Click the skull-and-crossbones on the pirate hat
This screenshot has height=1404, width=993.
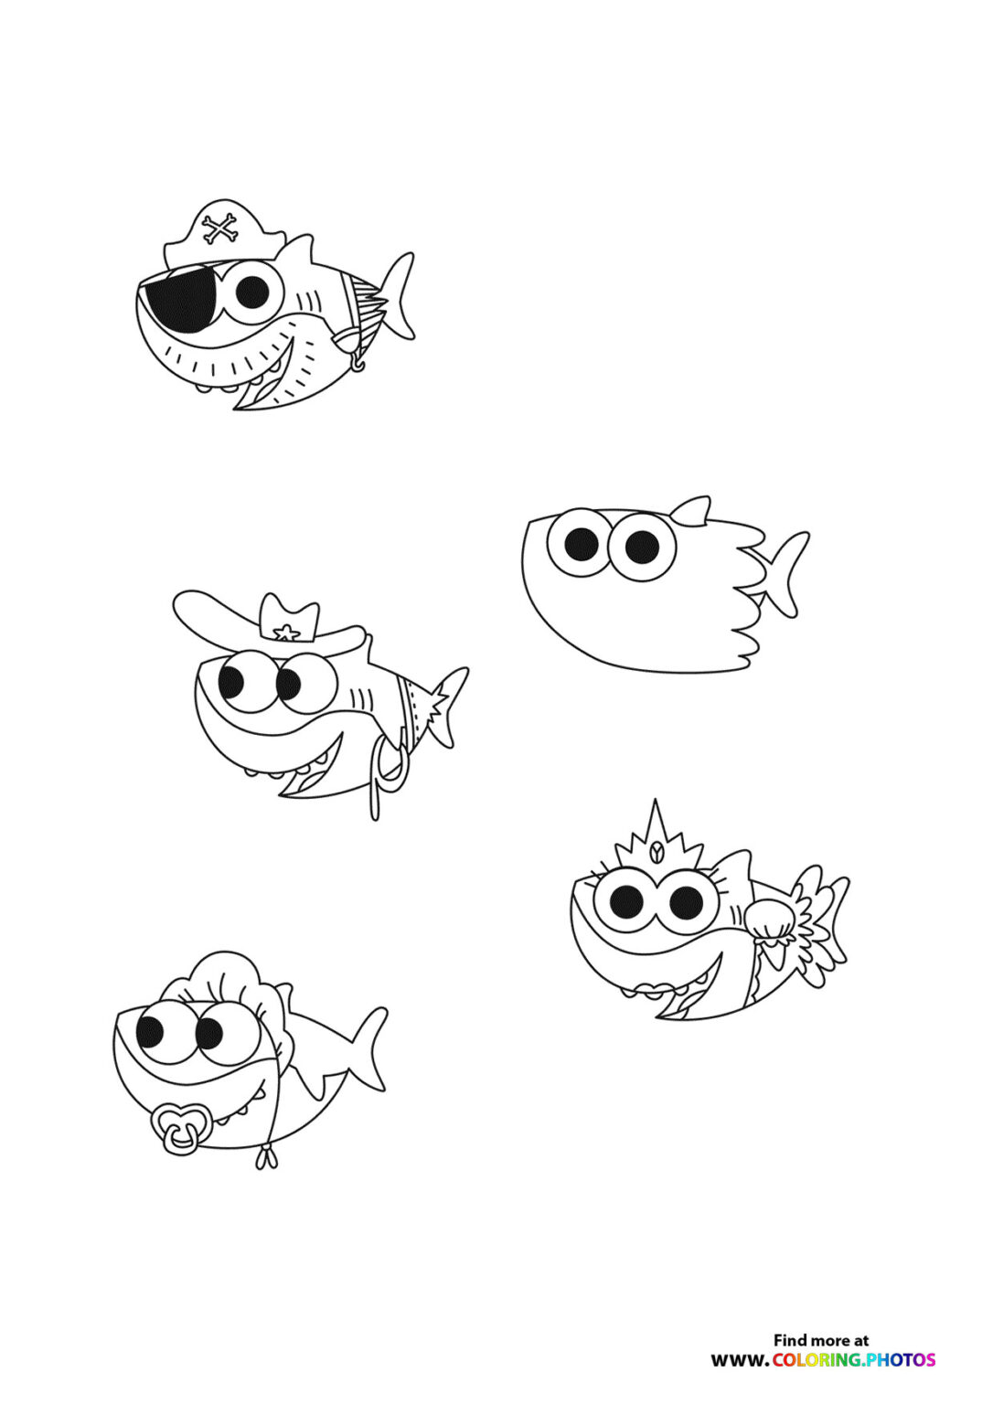tap(219, 229)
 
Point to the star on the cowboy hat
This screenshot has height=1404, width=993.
tap(286, 632)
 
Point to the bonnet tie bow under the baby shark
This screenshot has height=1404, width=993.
tap(266, 1158)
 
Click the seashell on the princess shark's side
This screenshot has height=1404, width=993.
tap(767, 920)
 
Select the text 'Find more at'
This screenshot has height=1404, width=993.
tap(820, 1340)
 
